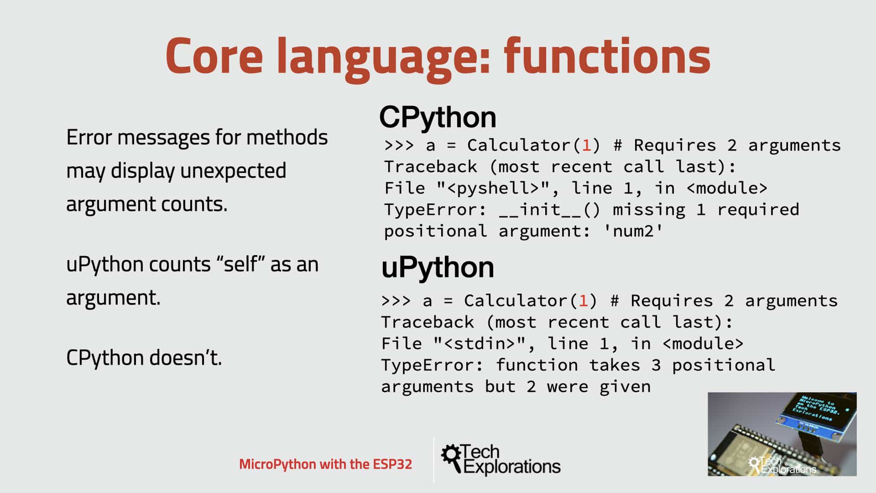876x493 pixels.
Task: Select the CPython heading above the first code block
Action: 437,117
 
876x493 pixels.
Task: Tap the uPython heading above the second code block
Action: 437,267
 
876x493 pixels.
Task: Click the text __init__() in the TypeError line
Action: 550,210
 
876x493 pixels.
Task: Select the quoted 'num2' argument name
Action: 633,231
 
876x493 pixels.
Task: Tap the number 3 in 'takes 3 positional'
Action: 656,365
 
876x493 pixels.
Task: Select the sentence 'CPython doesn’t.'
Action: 144,357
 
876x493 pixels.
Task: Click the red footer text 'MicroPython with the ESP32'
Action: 325,464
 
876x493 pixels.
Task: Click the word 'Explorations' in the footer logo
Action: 512,467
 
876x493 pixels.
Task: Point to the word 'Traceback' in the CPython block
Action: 430,167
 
